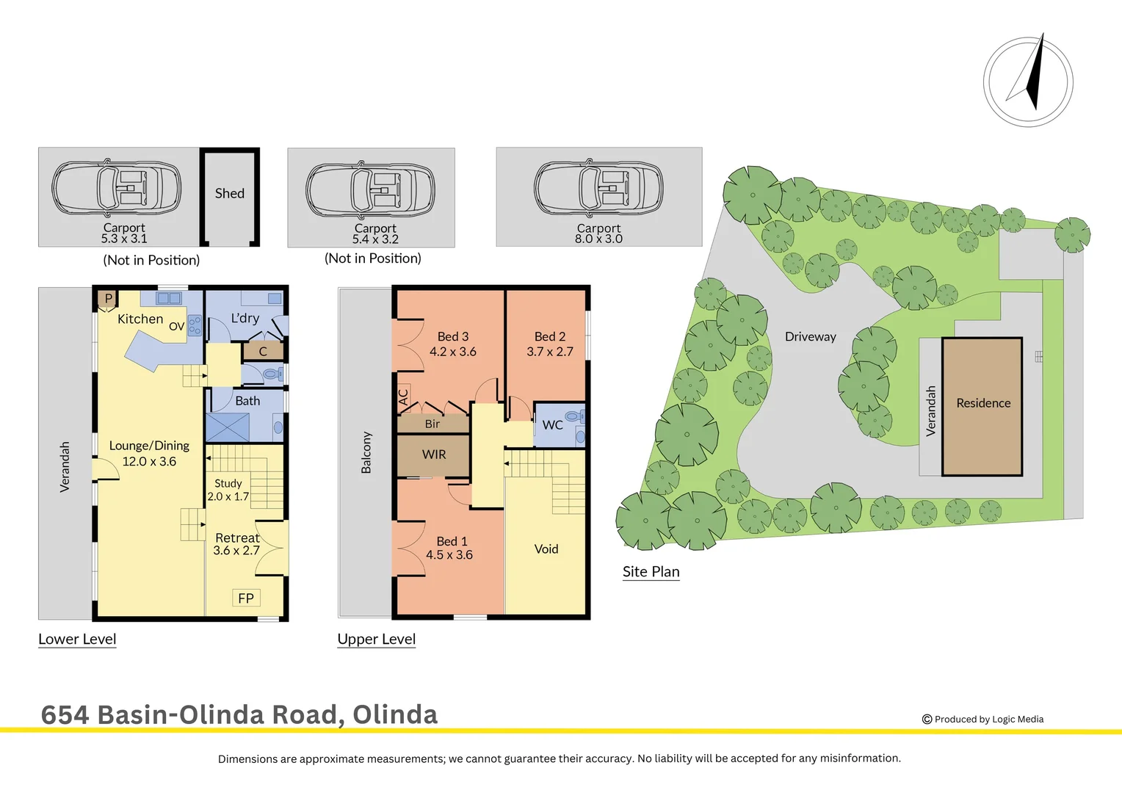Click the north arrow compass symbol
click(x=1028, y=81)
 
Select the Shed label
click(x=229, y=193)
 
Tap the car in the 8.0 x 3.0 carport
click(x=598, y=189)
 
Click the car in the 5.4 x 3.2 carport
click(x=371, y=189)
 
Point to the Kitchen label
click(x=140, y=319)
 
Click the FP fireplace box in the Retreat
click(x=246, y=598)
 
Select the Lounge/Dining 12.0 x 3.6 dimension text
click(x=149, y=462)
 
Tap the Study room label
click(x=228, y=483)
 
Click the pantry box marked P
click(x=108, y=299)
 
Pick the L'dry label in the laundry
click(x=245, y=318)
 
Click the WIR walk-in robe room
click(x=433, y=455)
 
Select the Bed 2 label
click(x=549, y=336)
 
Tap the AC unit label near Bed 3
click(x=403, y=397)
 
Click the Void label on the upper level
click(x=546, y=549)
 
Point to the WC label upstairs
click(x=552, y=425)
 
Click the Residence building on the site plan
click(x=982, y=404)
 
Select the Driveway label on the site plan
click(x=810, y=337)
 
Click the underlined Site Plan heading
click(x=651, y=572)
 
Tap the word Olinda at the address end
click(x=395, y=714)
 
